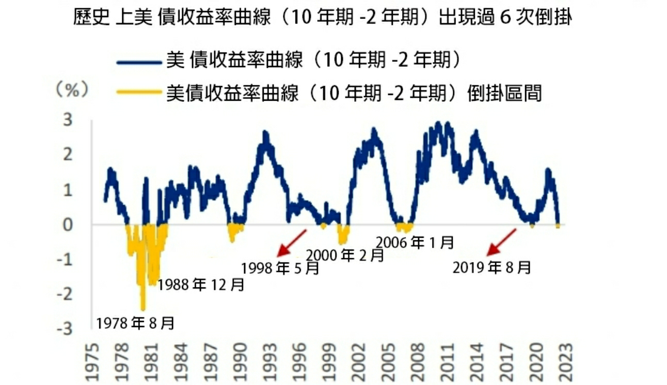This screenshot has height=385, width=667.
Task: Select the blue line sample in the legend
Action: pyautogui.click(x=139, y=61)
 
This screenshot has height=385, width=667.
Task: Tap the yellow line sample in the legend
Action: pyautogui.click(x=139, y=93)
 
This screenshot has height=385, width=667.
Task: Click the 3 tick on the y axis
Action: pyautogui.click(x=68, y=120)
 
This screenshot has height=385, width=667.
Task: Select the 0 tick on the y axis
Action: pyautogui.click(x=68, y=224)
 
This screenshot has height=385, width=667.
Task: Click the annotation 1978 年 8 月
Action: pyautogui.click(x=135, y=324)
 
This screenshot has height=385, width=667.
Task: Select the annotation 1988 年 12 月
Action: pyautogui.click(x=201, y=285)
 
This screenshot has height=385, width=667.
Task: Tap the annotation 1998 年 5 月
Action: pyautogui.click(x=280, y=268)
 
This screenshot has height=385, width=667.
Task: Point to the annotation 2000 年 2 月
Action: pyautogui.click(x=345, y=255)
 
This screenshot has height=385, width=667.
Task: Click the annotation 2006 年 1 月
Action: pyautogui.click(x=416, y=241)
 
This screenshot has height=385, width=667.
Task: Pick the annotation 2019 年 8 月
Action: pyautogui.click(x=492, y=267)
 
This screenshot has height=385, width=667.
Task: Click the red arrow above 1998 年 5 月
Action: pyautogui.click(x=292, y=242)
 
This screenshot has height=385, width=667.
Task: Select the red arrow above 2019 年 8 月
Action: pyautogui.click(x=501, y=242)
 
